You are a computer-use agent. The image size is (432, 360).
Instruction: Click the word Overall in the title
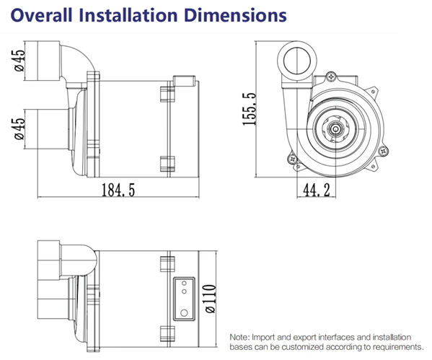[42, 15]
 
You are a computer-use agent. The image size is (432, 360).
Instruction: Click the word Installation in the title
[128, 15]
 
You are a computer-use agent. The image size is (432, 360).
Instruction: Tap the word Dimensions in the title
[235, 15]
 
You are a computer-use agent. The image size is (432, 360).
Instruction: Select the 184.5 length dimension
[118, 190]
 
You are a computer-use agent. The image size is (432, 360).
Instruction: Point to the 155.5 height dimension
[250, 109]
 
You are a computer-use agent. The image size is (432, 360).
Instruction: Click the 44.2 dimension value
[317, 190]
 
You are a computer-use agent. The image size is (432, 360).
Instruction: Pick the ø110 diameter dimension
[210, 299]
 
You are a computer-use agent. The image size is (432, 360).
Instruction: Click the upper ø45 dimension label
[20, 61]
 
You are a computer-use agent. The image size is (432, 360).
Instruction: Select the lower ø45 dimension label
[20, 129]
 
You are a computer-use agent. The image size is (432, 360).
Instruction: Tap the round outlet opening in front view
[297, 61]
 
